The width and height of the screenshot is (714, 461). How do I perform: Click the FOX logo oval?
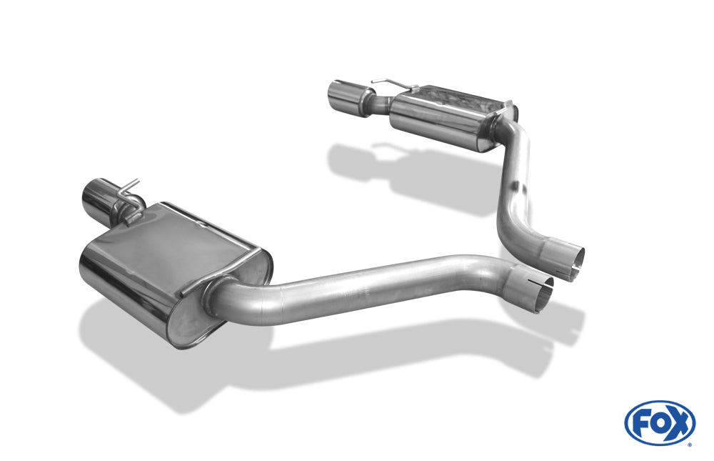660,423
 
